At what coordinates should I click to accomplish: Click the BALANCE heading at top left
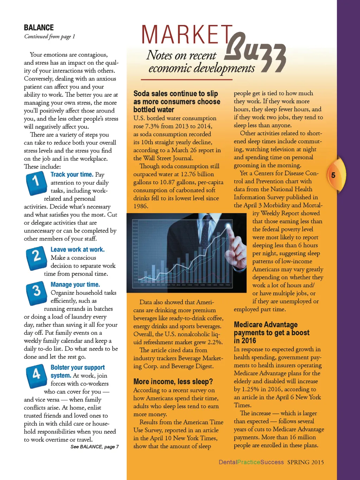point(39,27)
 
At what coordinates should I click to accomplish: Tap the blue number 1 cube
point(36,183)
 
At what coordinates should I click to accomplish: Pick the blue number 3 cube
point(36,292)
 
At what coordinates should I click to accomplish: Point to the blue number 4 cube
point(36,375)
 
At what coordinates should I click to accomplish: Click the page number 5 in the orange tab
point(333,175)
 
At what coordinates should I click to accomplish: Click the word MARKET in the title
point(187,35)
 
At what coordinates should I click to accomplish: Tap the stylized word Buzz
point(255,53)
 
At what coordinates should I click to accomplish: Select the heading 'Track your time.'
point(72,174)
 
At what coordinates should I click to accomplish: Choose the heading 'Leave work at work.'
point(77,249)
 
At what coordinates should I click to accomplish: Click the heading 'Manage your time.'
point(75,284)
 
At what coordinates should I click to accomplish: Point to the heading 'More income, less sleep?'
point(173,382)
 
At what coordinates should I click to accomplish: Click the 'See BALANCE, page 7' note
point(95,447)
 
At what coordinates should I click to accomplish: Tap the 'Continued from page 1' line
point(50,37)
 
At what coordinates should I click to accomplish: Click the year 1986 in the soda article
point(140,206)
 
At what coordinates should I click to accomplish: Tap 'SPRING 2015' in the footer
point(305,462)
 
